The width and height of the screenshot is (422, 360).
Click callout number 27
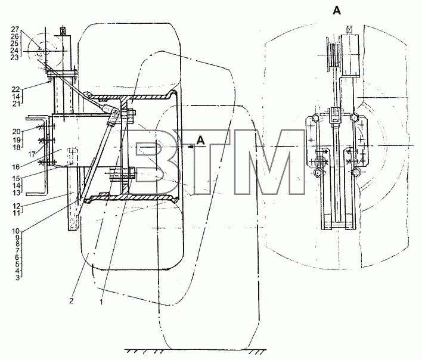coord(15,29)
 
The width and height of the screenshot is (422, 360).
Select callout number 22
coord(16,89)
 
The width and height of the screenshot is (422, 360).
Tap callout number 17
coord(32,154)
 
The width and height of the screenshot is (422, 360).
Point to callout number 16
coord(16,167)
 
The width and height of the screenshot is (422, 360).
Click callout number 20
coord(16,131)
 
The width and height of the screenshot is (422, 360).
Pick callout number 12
coord(16,206)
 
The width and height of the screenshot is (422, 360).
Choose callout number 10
coord(16,231)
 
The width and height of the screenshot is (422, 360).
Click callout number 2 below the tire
coord(71,301)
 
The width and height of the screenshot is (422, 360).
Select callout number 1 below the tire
coord(101,302)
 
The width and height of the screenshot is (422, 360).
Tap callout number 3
coord(18,277)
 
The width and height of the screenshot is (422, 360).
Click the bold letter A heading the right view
coord(337,11)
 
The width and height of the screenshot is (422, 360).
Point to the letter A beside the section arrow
coord(200,141)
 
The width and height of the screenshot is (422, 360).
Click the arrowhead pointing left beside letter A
coord(190,147)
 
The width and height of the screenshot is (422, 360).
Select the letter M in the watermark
coord(269,162)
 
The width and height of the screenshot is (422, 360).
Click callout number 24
coord(15,50)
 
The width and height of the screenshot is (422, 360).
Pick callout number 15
coord(16,178)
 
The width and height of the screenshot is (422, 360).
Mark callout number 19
coord(16,140)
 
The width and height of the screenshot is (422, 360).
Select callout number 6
coord(18,257)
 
